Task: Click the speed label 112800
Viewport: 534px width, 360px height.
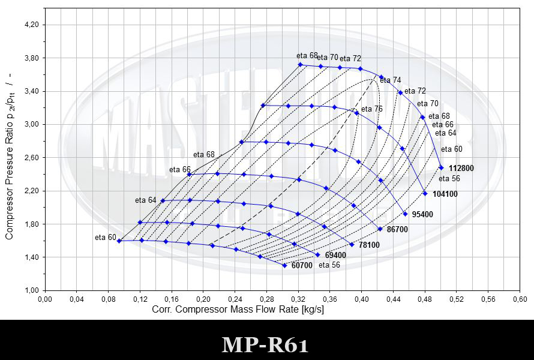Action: click(x=461, y=169)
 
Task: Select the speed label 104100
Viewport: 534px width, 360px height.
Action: click(x=445, y=194)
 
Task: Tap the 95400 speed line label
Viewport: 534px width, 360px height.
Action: click(x=422, y=215)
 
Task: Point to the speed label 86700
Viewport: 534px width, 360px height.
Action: click(x=397, y=230)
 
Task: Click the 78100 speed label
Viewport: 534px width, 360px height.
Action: click(x=369, y=245)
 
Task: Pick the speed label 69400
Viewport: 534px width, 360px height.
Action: click(x=335, y=256)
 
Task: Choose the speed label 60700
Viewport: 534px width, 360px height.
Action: click(x=302, y=265)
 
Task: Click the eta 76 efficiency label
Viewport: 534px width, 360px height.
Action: click(x=372, y=109)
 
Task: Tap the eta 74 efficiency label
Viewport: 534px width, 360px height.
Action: click(x=391, y=80)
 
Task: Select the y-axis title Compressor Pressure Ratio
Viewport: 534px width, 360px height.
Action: click(x=10, y=157)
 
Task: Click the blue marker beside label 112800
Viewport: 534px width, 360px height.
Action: click(x=441, y=168)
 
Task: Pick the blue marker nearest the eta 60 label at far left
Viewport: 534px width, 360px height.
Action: click(x=119, y=241)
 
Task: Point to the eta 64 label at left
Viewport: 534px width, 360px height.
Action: click(x=145, y=200)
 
